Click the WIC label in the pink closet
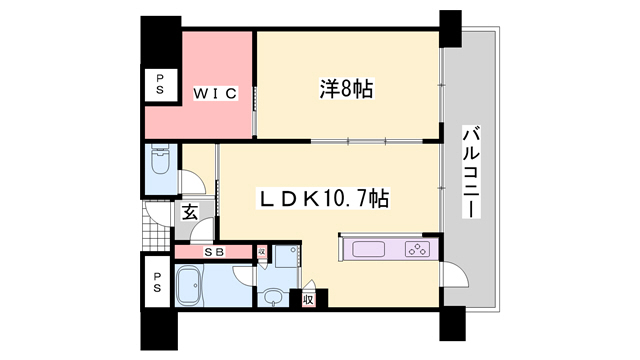pyautogui.click(x=214, y=94)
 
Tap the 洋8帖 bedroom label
pyautogui.click(x=346, y=90)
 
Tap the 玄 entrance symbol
pyautogui.click(x=189, y=212)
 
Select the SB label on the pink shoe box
pyautogui.click(x=213, y=252)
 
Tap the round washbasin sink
pyautogui.click(x=272, y=295)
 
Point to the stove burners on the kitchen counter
pyautogui.click(x=414, y=249)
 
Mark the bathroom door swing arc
pyautogui.click(x=242, y=278)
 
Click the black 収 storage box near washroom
pyautogui.click(x=309, y=299)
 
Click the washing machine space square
pyautogui.click(x=284, y=257)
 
